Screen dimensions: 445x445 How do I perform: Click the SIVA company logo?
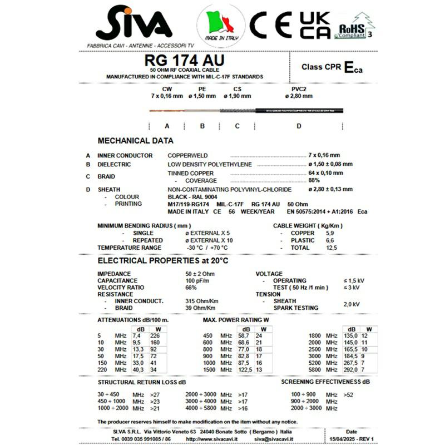click(133, 25)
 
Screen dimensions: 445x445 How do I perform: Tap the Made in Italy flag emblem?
click(221, 25)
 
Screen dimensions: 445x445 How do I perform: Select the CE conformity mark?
click(270, 25)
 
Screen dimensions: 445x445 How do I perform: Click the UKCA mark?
click(315, 25)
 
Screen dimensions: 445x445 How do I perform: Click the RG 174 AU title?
click(184, 60)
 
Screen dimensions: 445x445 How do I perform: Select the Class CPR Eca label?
click(332, 67)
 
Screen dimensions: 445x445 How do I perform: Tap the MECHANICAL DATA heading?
click(135, 141)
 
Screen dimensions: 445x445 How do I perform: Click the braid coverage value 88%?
click(314, 180)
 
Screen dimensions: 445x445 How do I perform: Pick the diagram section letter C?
click(237, 126)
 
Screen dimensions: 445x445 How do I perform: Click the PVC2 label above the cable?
click(299, 89)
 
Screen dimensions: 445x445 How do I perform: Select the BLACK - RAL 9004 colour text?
click(194, 197)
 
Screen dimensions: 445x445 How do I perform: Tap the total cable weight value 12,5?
click(332, 248)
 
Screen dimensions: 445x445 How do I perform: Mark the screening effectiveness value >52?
click(348, 394)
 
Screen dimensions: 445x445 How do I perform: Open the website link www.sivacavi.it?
click(207, 439)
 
